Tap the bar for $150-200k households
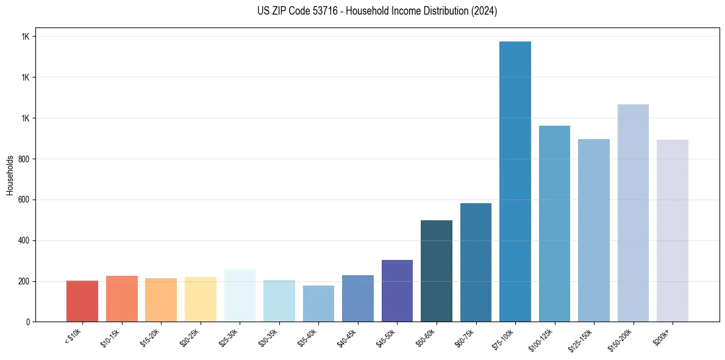click(x=633, y=213)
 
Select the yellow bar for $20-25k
click(x=201, y=299)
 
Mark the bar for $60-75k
click(x=476, y=262)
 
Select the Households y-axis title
click(x=10, y=175)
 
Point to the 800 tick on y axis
click(x=24, y=159)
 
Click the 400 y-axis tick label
click(x=24, y=240)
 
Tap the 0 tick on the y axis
click(x=28, y=322)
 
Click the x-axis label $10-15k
click(x=111, y=337)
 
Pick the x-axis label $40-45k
click(x=347, y=337)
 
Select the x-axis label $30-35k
click(x=268, y=337)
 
